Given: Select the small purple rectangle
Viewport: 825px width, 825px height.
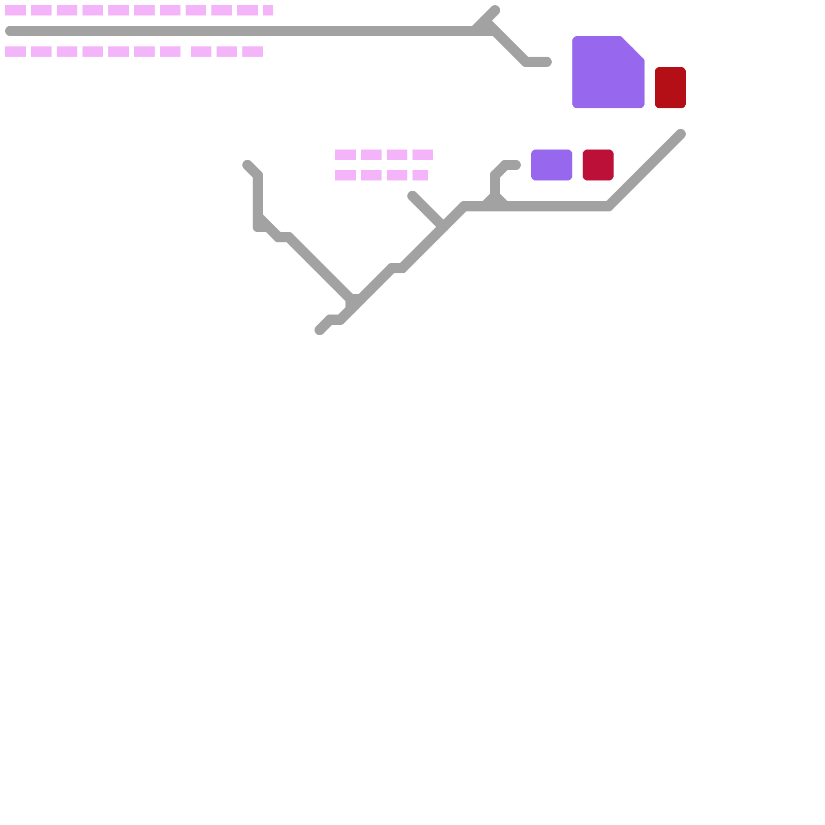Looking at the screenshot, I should point(551,165).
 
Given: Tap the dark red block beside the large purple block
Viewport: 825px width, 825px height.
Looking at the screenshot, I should point(670,88).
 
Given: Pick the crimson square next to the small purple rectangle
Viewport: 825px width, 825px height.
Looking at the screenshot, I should point(598,165).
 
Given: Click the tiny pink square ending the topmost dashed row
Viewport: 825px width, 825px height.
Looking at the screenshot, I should point(268,10).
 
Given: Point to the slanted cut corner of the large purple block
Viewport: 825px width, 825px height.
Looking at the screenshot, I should point(633,47).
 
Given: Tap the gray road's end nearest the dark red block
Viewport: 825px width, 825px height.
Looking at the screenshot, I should point(680,135).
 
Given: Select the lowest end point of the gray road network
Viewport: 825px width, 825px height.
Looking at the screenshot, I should point(320,330).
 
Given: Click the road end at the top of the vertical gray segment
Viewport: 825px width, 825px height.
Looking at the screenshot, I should point(247,165).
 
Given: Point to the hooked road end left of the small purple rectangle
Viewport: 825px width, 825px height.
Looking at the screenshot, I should point(515,165).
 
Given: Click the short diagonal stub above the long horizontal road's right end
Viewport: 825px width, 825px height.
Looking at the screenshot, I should point(494,11).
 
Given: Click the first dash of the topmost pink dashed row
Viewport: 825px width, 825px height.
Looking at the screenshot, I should point(15,10).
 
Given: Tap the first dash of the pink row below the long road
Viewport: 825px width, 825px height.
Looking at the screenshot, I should point(15,52).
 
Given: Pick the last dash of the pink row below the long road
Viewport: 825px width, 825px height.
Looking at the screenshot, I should point(253,52).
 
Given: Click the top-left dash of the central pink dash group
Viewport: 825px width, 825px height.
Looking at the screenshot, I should point(345,155).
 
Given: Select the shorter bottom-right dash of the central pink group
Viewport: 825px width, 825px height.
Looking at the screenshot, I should point(420,175).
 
